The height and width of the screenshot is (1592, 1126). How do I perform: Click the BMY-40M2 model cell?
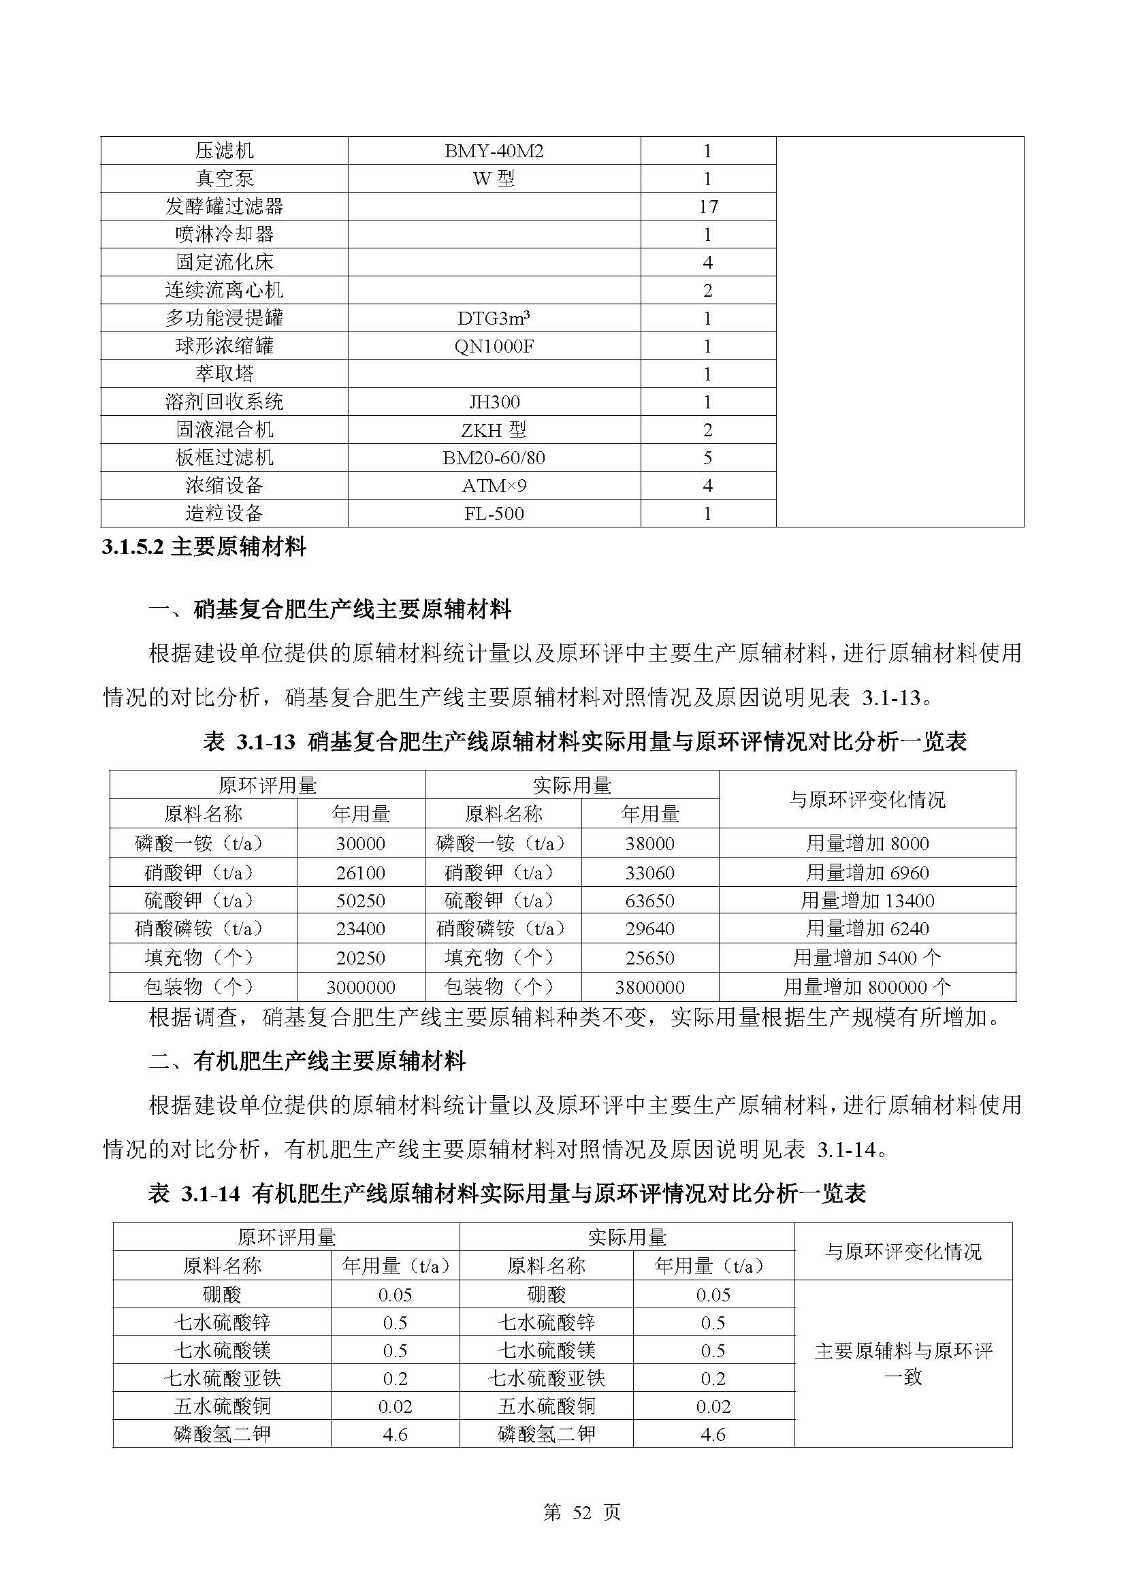coord(494,151)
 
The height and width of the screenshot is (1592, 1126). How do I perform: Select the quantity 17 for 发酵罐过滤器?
coord(707,207)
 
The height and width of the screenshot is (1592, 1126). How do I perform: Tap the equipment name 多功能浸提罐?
coord(224,319)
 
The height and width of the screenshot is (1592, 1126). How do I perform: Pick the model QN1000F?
coord(494,346)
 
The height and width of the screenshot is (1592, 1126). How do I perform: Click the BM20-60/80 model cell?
coord(494,457)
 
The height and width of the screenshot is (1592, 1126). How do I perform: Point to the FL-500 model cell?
coord(494,514)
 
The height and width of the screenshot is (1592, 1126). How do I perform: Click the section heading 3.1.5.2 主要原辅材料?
coord(204,547)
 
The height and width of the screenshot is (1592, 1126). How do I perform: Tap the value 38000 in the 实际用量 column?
coord(649,844)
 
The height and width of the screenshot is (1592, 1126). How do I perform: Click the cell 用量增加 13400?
coord(867,900)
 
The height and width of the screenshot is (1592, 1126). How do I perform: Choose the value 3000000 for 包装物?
coord(361,988)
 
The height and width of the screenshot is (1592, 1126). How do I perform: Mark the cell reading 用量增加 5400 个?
coord(867,958)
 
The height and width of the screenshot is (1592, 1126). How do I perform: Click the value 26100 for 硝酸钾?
coord(361,873)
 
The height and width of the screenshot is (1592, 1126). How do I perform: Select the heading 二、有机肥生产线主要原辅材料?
coord(307,1062)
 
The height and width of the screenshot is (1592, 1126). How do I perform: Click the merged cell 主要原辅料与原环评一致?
coord(903,1363)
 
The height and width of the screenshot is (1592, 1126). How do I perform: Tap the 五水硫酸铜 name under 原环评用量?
coord(222,1406)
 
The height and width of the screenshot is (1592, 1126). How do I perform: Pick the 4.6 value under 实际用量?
coord(713,1434)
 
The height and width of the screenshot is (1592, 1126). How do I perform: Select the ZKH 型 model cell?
coord(494,430)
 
